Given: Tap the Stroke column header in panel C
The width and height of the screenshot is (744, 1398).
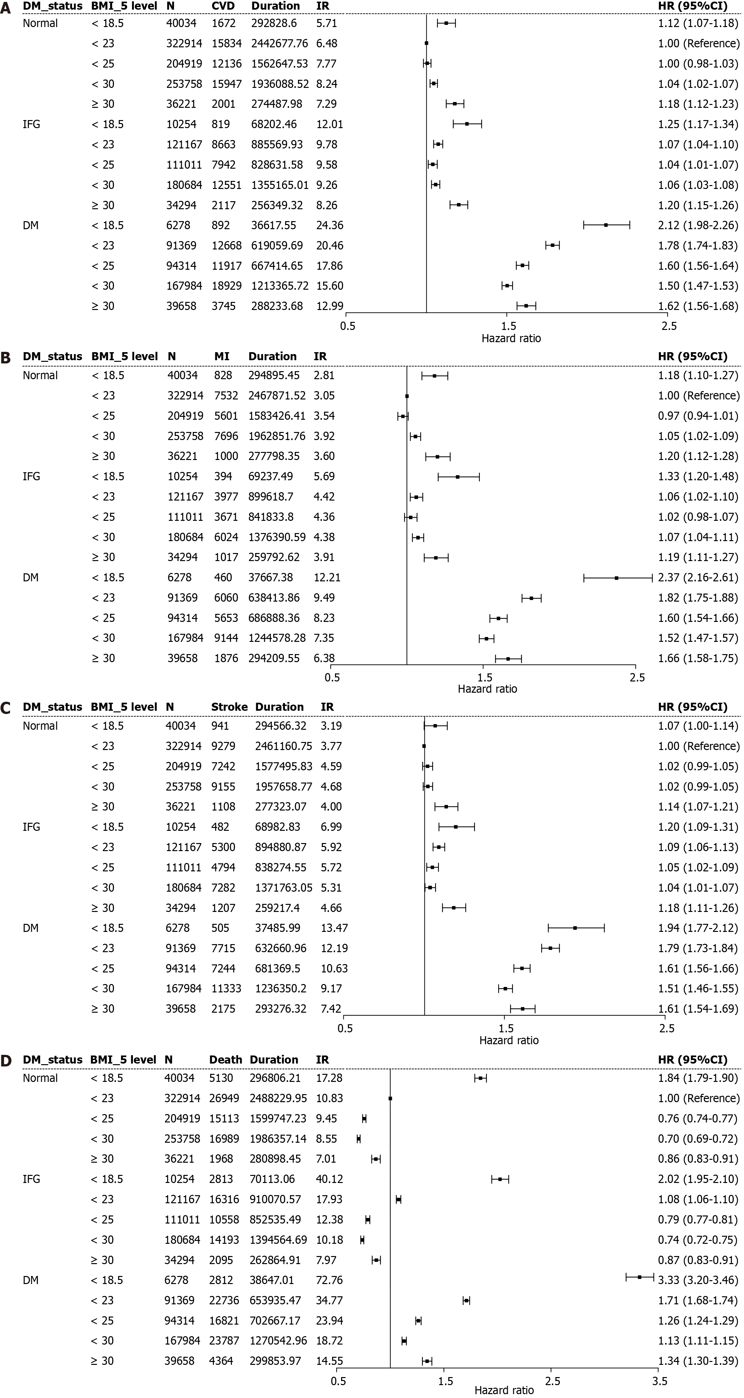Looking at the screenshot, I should click(229, 707).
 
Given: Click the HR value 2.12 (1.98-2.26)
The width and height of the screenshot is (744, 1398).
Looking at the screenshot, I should click(698, 225).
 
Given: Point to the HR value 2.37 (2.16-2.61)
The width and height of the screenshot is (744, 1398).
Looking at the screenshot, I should click(698, 577).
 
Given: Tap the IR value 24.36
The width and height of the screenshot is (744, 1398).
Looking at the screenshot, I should click(330, 225).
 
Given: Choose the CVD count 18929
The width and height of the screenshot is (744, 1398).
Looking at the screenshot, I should click(226, 286).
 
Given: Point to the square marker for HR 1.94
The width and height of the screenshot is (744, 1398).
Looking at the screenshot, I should click(575, 928).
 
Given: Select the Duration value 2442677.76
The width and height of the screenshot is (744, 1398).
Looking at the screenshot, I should click(279, 43).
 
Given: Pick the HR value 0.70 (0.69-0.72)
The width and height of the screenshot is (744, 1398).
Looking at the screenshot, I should click(698, 1139).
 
